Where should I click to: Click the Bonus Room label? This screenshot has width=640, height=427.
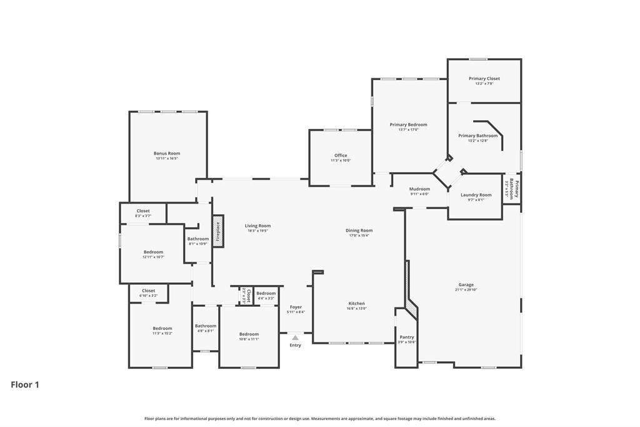(167, 153)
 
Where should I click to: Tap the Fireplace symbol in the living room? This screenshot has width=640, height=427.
(218, 231)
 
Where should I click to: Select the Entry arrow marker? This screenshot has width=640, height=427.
(295, 338)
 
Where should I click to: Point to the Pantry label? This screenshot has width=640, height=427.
(406, 337)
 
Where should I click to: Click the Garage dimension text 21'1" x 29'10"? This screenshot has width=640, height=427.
(466, 290)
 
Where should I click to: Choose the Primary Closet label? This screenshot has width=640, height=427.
(484, 79)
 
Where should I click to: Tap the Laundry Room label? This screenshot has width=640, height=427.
(476, 195)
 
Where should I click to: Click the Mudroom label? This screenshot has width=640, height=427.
(419, 189)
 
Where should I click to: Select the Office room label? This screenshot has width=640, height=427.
(341, 155)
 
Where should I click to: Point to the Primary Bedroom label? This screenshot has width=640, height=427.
(408, 125)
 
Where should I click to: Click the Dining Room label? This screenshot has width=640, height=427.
(359, 230)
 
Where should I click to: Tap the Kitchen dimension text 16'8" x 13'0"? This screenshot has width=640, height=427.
(356, 309)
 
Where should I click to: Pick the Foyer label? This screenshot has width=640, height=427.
(296, 307)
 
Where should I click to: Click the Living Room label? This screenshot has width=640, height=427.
(257, 226)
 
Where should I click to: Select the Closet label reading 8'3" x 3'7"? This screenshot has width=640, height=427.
(143, 216)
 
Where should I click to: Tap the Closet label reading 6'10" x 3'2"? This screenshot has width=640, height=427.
(148, 296)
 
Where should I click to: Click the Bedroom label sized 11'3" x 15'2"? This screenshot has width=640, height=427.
(162, 329)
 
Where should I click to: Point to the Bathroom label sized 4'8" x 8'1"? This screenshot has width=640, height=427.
(205, 326)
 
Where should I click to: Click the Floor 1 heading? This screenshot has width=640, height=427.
(25, 385)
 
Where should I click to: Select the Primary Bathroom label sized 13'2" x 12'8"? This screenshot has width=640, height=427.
(477, 136)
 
